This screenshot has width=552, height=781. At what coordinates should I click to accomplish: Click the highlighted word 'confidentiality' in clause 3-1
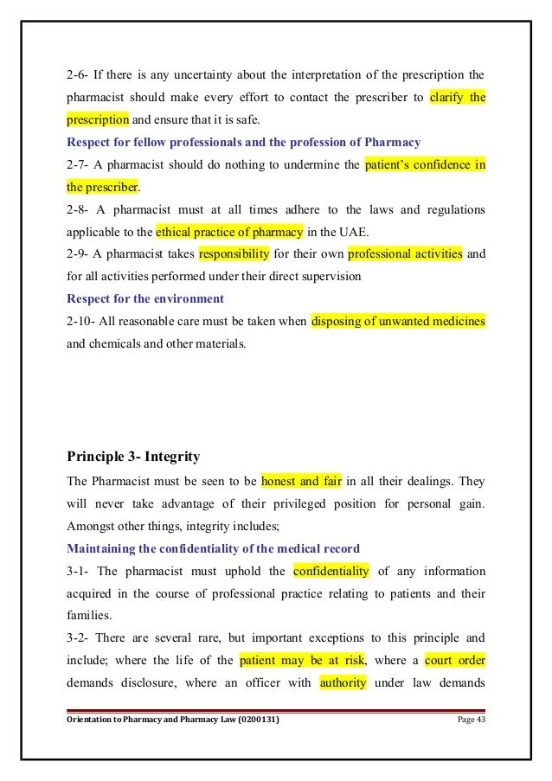click(x=331, y=571)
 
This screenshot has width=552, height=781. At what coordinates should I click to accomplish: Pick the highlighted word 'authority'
click(x=343, y=684)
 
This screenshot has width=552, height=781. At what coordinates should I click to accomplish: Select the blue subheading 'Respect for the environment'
click(x=145, y=299)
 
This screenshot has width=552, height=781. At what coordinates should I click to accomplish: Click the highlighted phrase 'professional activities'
click(x=405, y=254)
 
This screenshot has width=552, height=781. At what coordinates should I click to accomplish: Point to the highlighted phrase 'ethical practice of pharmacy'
click(x=229, y=232)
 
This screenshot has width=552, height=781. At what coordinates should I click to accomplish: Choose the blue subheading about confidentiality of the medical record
click(x=196, y=548)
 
